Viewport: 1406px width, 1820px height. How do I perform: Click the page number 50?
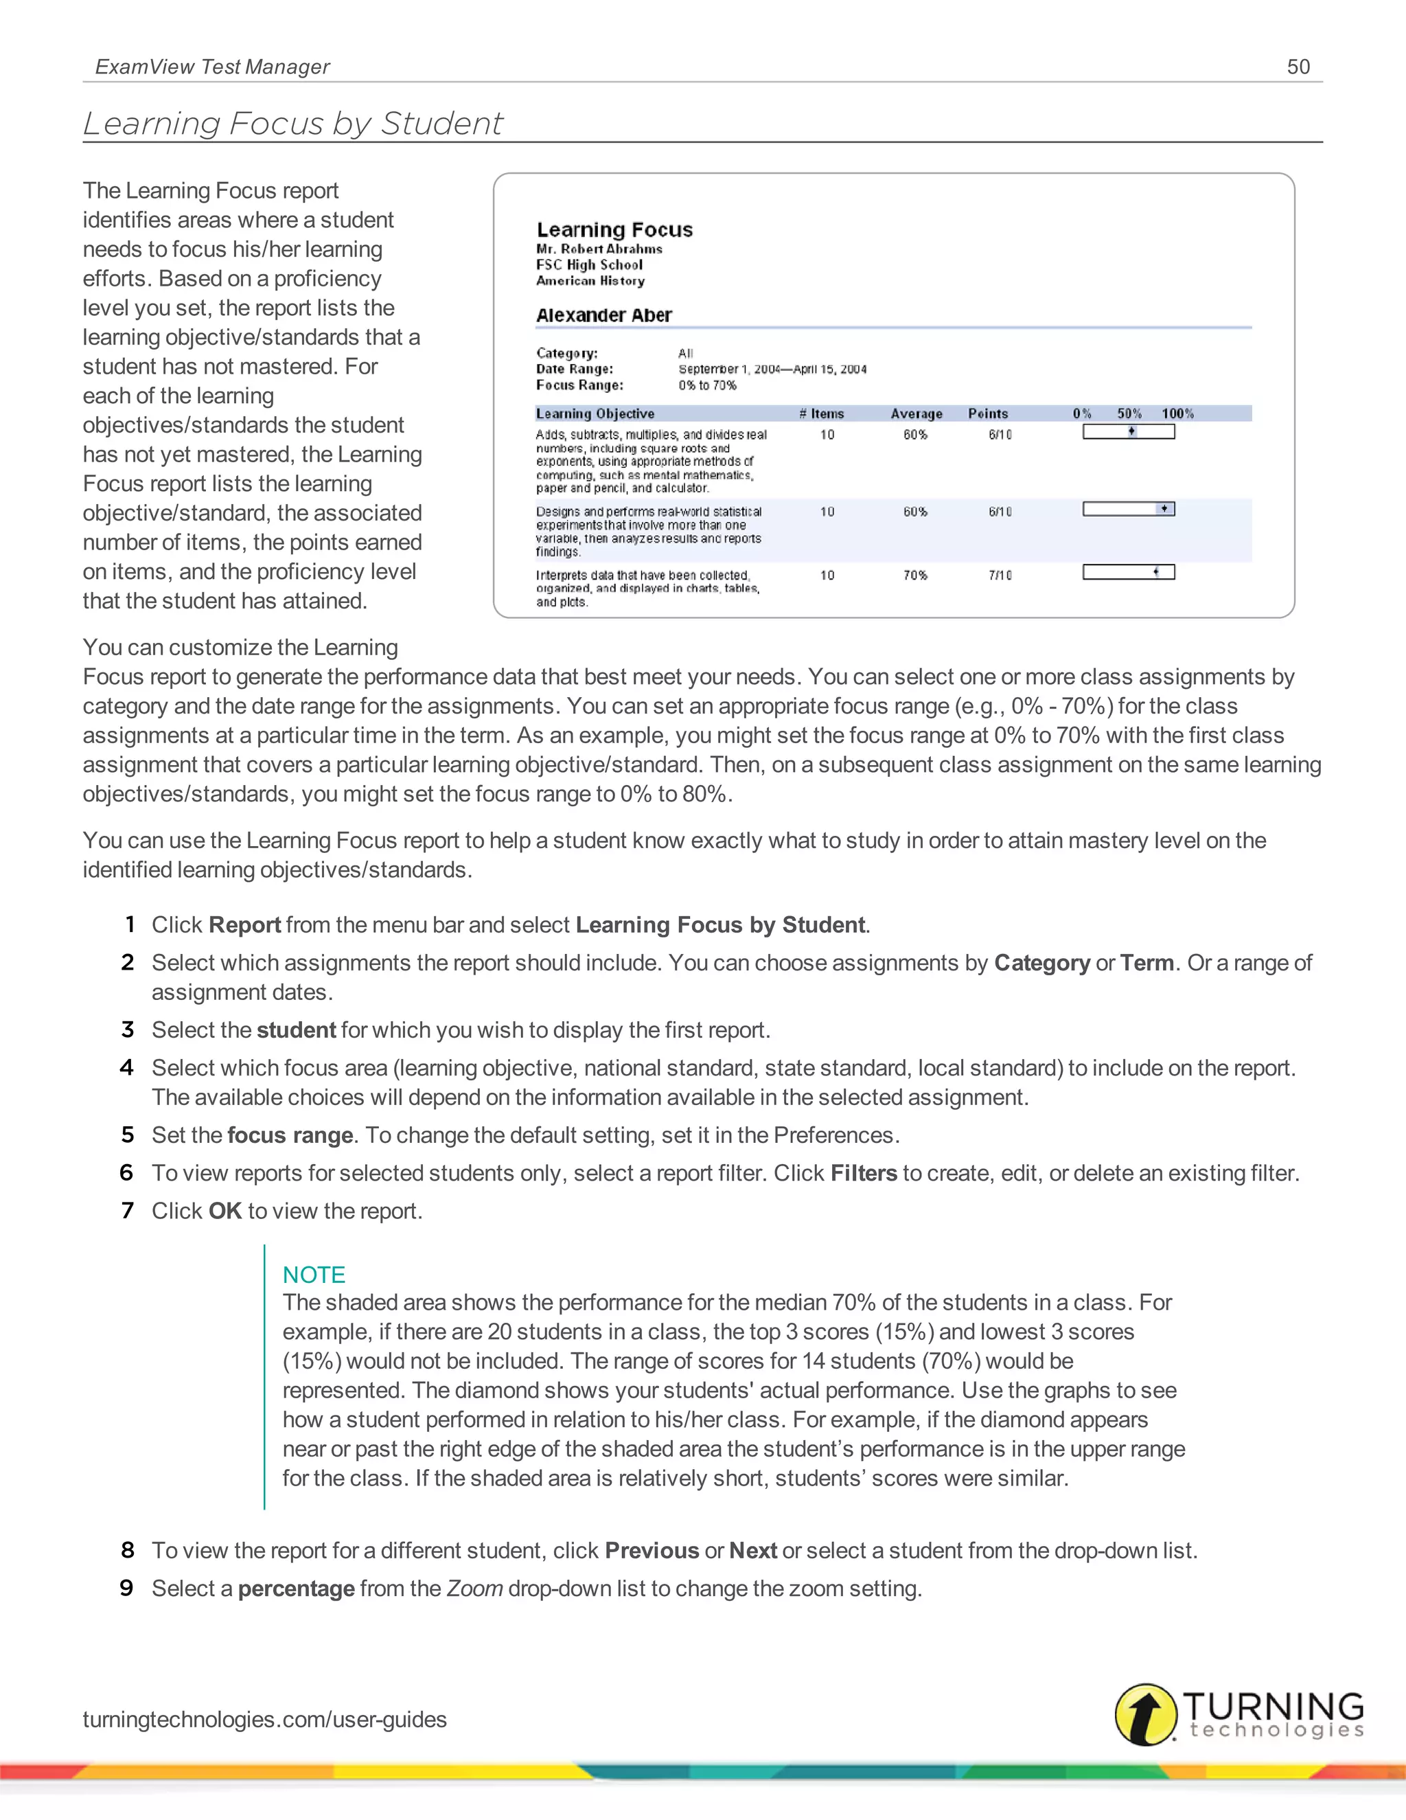click(1298, 67)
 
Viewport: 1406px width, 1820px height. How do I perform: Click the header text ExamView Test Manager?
click(212, 67)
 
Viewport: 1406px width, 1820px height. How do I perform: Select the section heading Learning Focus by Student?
click(292, 124)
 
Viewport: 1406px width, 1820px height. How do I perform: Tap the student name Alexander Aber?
click(604, 315)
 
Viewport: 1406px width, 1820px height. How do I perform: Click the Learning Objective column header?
click(595, 413)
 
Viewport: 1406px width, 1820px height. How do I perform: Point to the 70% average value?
click(914, 575)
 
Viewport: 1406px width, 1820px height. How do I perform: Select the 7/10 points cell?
click(1000, 575)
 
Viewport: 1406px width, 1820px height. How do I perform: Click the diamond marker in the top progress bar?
click(1131, 431)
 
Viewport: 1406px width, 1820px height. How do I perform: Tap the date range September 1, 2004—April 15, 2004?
click(772, 369)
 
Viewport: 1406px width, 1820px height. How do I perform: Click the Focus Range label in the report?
click(579, 385)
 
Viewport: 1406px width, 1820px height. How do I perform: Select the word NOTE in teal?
click(313, 1274)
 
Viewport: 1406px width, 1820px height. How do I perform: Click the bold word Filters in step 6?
click(863, 1172)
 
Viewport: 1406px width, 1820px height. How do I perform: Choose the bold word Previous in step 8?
click(652, 1550)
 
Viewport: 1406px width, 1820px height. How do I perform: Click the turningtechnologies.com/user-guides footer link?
click(264, 1719)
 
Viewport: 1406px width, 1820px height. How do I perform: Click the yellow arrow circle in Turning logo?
click(1145, 1714)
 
